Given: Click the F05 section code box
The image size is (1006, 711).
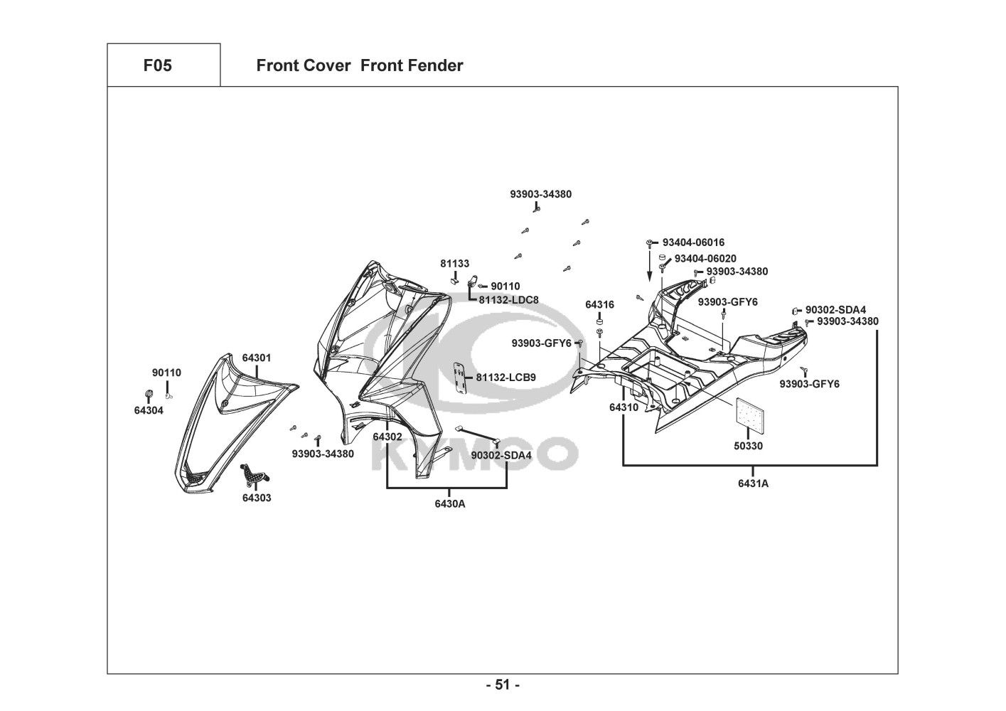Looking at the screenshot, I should [x=157, y=65].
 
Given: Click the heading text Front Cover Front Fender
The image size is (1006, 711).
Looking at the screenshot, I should [x=359, y=65].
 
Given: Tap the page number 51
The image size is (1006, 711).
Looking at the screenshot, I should [x=503, y=685].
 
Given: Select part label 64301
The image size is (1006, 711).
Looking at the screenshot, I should [x=256, y=358].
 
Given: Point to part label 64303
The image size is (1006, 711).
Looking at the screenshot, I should [x=256, y=498].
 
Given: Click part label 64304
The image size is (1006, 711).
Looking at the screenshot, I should [x=149, y=410].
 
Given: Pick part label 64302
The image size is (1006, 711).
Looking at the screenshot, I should [x=387, y=437].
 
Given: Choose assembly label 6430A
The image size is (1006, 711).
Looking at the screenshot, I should [x=449, y=503].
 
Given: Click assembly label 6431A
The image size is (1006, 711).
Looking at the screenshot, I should [x=753, y=483].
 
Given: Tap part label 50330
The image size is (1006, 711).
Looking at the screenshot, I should [x=749, y=446].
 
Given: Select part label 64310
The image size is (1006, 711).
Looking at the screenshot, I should [x=624, y=407].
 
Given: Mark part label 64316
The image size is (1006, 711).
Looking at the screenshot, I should [x=599, y=304].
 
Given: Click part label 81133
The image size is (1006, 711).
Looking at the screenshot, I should [x=454, y=264].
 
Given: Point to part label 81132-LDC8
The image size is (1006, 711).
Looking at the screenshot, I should [x=508, y=300].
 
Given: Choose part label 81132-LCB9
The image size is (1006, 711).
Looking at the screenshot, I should [x=505, y=378].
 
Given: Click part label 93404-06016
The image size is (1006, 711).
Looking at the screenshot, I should [x=693, y=242].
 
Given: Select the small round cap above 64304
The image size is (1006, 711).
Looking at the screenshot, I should [x=149, y=394].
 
